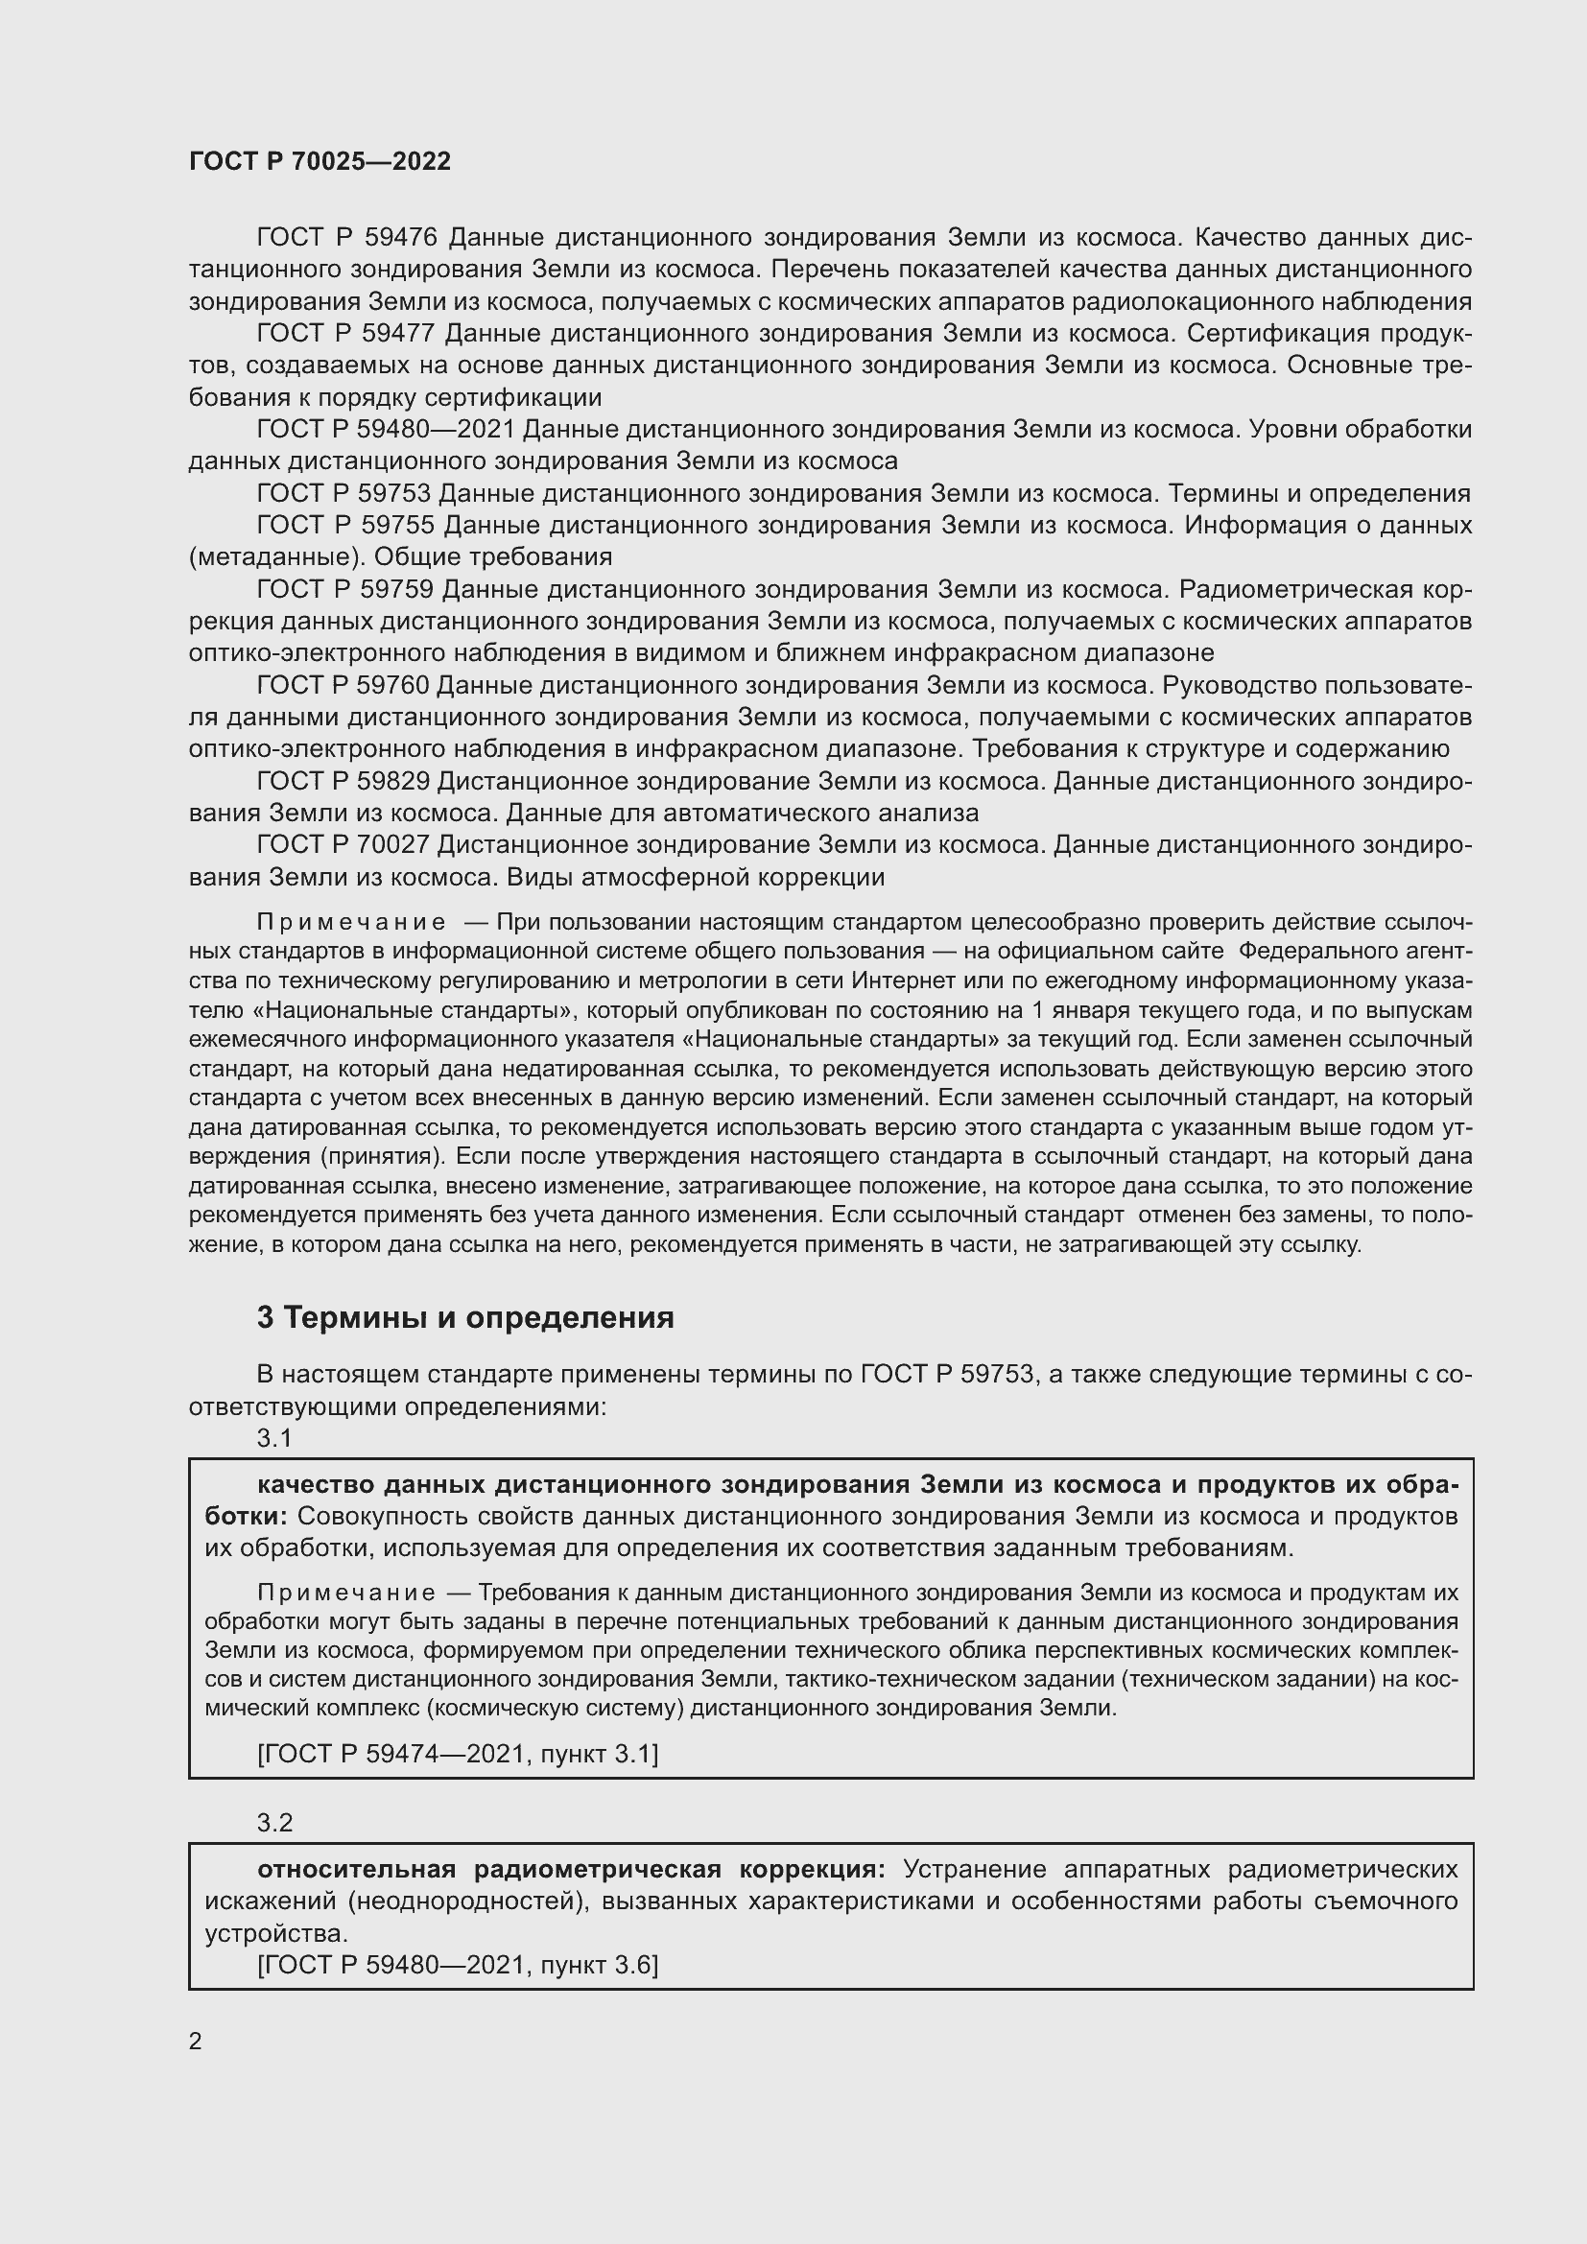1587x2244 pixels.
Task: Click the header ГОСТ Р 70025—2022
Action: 320,161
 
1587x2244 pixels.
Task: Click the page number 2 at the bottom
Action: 196,2041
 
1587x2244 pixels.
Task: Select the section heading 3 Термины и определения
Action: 465,1317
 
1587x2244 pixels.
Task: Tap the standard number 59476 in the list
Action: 399,237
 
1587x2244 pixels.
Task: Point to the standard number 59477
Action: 399,333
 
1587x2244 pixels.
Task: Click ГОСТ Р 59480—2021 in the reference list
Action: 385,429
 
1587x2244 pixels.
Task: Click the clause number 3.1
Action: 274,1438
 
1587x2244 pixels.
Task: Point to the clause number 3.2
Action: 274,1822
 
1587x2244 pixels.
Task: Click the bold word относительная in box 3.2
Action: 357,1869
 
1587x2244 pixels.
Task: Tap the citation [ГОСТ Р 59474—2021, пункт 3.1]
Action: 458,1754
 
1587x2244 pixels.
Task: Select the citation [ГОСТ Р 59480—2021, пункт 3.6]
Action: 458,1964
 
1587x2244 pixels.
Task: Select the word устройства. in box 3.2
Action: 276,1933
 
